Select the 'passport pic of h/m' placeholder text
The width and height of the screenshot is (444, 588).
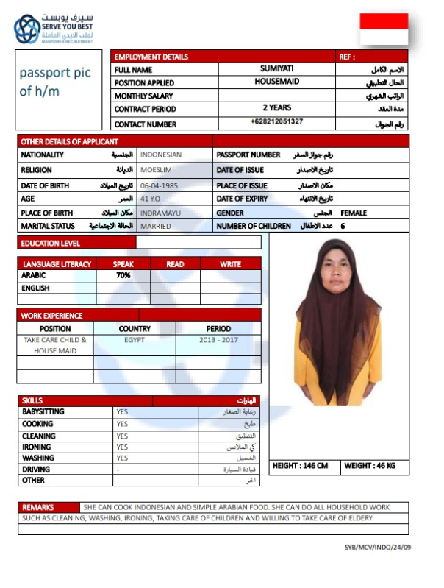click(x=50, y=82)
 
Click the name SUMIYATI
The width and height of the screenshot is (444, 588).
click(x=276, y=68)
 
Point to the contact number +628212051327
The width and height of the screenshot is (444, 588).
click(x=276, y=121)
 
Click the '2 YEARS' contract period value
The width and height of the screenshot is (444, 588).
click(x=276, y=107)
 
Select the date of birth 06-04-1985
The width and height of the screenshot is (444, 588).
click(x=160, y=185)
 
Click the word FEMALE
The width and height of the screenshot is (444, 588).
click(x=354, y=213)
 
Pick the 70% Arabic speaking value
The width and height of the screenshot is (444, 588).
click(x=123, y=275)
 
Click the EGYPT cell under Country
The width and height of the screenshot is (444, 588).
click(x=134, y=341)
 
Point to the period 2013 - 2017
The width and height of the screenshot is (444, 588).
click(x=218, y=341)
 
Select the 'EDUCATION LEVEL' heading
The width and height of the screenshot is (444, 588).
click(x=51, y=243)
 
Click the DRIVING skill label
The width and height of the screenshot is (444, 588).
click(x=37, y=469)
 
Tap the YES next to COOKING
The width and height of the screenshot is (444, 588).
click(x=122, y=424)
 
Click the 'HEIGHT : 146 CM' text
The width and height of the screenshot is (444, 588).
click(x=300, y=466)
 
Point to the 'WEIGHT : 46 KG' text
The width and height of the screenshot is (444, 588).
click(x=370, y=466)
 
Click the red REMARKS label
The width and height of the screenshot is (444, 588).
click(x=38, y=507)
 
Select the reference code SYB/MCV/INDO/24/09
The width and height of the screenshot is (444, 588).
click(x=377, y=548)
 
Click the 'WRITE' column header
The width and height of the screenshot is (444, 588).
click(x=230, y=263)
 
